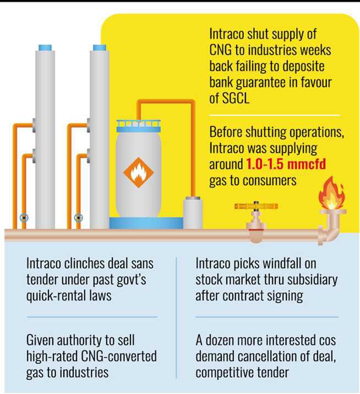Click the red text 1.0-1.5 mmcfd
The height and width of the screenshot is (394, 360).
click(x=286, y=164)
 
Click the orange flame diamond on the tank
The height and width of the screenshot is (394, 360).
click(x=138, y=172)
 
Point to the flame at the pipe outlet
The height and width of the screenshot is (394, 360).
click(x=331, y=193)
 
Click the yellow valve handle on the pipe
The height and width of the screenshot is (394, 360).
click(x=256, y=206)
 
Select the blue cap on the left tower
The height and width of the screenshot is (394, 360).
click(x=45, y=47)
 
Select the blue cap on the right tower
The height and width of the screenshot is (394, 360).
click(x=100, y=47)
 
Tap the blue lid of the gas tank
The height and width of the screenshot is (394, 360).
click(x=139, y=126)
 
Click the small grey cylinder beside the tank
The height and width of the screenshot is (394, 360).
click(x=193, y=213)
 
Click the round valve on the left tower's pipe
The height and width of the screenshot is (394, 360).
click(x=24, y=218)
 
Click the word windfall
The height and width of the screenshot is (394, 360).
click(x=269, y=264)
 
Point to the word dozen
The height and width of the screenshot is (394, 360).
click(x=220, y=341)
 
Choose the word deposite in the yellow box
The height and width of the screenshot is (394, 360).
click(x=303, y=67)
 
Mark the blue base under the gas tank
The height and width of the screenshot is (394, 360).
click(x=146, y=223)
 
